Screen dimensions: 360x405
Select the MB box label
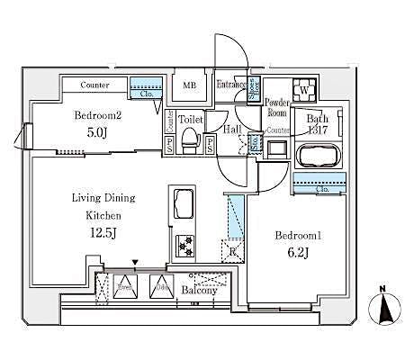(190, 85)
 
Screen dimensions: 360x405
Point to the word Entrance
(231, 85)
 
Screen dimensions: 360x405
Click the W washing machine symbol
(305, 91)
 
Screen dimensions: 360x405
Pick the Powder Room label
(276, 107)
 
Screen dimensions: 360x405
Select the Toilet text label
(190, 119)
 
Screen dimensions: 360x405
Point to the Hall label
(230, 129)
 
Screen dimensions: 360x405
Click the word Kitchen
(103, 216)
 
